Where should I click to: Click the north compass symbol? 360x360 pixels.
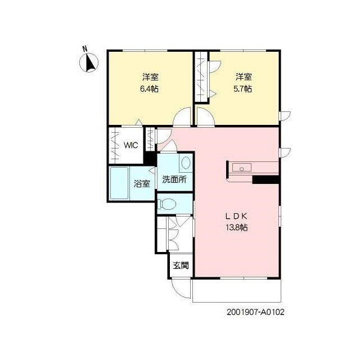[89, 62]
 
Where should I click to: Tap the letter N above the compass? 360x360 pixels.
[85, 49]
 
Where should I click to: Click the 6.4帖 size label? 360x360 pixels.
[149, 89]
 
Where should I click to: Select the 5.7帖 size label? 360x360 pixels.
[242, 89]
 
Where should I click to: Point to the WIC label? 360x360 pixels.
[130, 145]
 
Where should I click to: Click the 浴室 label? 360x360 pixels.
[142, 184]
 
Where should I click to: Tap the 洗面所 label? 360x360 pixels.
[174, 179]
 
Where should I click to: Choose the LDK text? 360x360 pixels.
[236, 216]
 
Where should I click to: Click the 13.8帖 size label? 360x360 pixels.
[237, 227]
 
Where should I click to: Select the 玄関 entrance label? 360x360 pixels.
[181, 265]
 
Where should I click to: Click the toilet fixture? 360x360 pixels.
[166, 204]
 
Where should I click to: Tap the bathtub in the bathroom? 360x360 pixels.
[119, 183]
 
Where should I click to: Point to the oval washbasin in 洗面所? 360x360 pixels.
[186, 163]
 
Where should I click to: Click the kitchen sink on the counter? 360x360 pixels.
[242, 168]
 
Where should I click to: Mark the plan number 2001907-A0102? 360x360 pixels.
[255, 312]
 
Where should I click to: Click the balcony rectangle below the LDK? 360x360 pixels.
[237, 290]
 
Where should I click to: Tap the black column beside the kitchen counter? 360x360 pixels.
[265, 179]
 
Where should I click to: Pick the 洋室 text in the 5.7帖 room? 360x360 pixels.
[244, 77]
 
